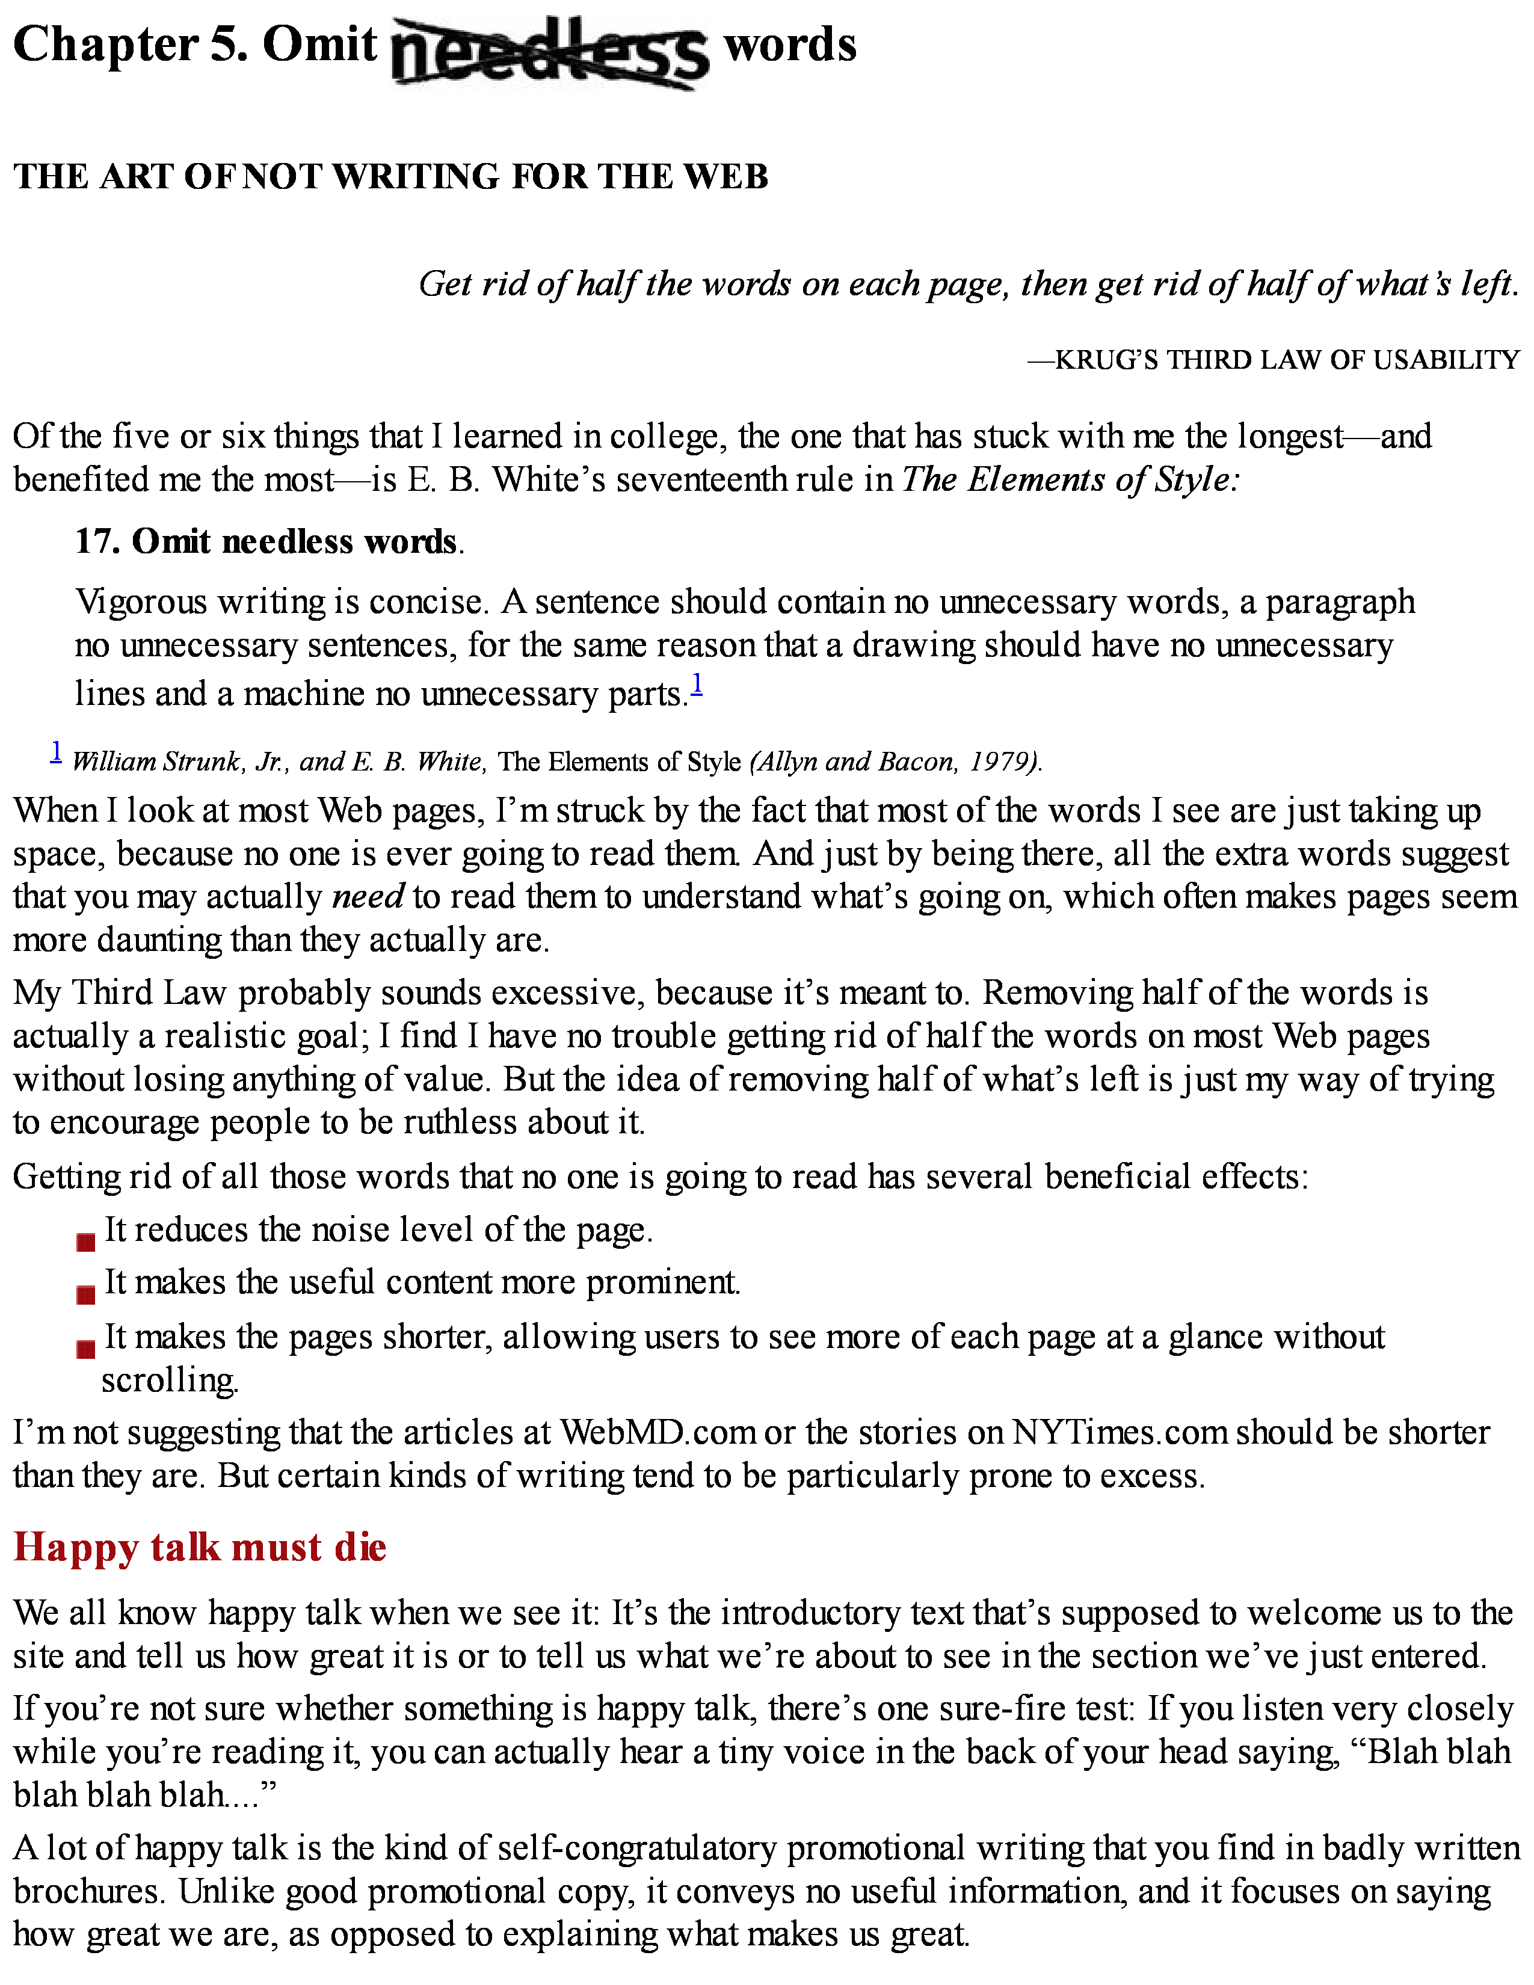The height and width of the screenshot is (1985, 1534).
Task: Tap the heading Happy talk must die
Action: click(200, 1547)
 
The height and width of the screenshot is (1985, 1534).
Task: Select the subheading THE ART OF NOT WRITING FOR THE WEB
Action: click(391, 176)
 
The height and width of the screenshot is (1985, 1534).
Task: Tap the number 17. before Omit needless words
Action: click(99, 542)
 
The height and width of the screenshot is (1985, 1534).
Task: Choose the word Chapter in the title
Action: click(105, 46)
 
